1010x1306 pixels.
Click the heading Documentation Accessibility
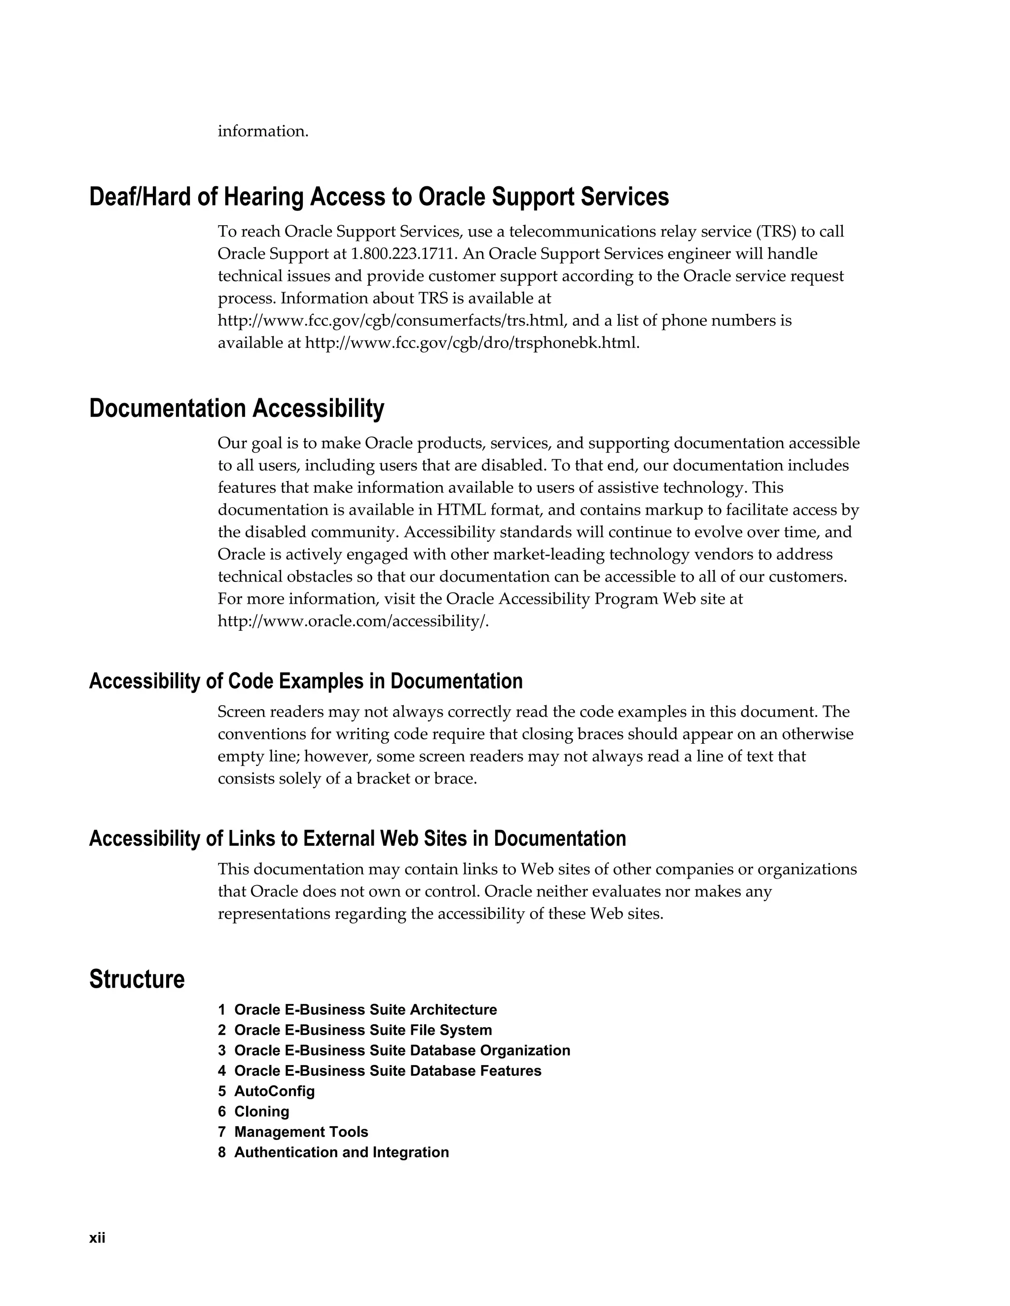[236, 409]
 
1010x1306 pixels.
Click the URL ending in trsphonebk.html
[471, 343]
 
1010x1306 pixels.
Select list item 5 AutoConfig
[266, 1091]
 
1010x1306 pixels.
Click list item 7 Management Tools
[293, 1132]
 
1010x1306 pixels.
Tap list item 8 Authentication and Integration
[333, 1152]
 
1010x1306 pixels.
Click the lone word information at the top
[263, 131]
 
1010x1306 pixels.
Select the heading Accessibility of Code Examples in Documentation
[306, 681]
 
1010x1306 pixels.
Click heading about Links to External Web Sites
[357, 838]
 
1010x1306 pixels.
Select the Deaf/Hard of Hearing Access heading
[379, 197]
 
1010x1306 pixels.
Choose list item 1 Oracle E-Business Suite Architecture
[357, 1009]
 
